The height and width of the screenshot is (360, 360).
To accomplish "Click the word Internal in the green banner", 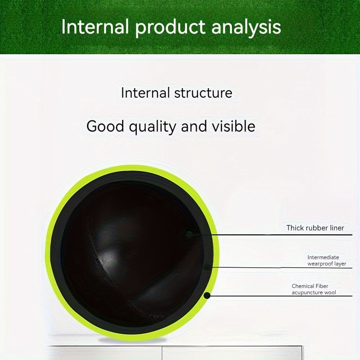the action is click(95, 27).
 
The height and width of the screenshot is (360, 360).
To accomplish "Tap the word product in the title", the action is click(170, 28).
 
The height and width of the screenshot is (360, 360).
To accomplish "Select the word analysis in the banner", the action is click(246, 28).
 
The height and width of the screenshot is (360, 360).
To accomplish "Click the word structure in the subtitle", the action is click(203, 93).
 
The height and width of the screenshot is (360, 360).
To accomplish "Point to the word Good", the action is click(105, 126).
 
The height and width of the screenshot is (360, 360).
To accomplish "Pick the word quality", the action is click(153, 127).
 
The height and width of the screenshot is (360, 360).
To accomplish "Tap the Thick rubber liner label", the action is click(315, 228).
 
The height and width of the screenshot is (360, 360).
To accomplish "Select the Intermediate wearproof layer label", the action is click(327, 261).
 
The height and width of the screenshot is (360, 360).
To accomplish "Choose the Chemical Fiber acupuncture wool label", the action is click(314, 289).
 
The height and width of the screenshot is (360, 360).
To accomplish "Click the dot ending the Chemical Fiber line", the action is click(207, 296).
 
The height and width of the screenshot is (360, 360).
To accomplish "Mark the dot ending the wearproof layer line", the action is click(207, 267).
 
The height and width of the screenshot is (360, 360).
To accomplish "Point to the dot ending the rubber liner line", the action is click(189, 234).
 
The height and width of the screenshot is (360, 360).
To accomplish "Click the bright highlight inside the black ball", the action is click(106, 256).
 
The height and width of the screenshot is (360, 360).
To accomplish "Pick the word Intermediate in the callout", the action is click(323, 257).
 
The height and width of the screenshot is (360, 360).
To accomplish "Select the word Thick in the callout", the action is click(294, 228).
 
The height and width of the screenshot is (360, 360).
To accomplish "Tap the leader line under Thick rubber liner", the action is click(271, 235).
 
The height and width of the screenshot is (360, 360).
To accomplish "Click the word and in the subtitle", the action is click(194, 126).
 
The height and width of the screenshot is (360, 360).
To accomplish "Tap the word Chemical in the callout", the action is click(302, 286).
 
